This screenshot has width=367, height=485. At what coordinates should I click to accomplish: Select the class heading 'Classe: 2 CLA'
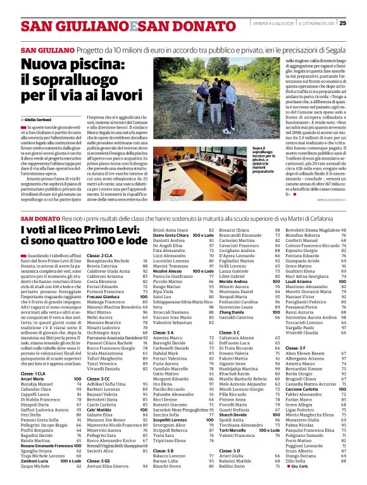(99, 255)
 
